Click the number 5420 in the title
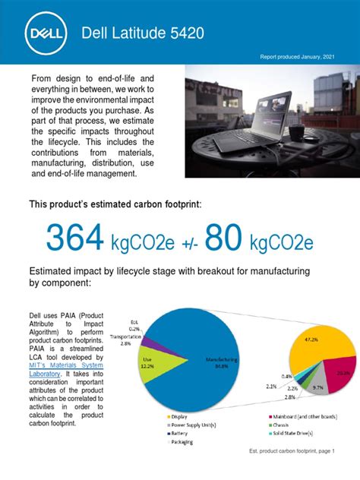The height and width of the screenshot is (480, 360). pos(183,33)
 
